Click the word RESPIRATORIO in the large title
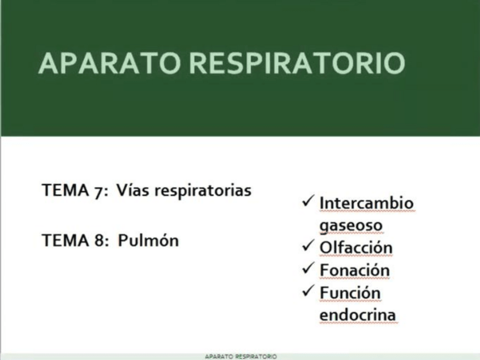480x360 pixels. pyautogui.click(x=297, y=63)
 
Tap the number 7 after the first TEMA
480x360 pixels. pyautogui.click(x=95, y=191)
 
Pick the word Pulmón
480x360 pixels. pyautogui.click(x=148, y=241)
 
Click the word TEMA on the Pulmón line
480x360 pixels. pyautogui.click(x=63, y=241)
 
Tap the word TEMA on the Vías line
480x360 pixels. pyautogui.click(x=63, y=191)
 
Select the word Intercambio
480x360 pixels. pyautogui.click(x=366, y=203)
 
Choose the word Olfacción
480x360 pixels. pyautogui.click(x=355, y=248)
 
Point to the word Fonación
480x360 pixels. pyautogui.click(x=354, y=270)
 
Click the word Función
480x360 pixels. pyautogui.click(x=350, y=293)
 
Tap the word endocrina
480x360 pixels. pyautogui.click(x=357, y=315)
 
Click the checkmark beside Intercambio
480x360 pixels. pyautogui.click(x=308, y=201)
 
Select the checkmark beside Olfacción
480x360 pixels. pyautogui.click(x=308, y=246)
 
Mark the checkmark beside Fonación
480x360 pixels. pyautogui.click(x=308, y=268)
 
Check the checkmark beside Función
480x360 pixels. pyautogui.click(x=308, y=291)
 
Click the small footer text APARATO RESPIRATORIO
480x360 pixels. pyautogui.click(x=241, y=357)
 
